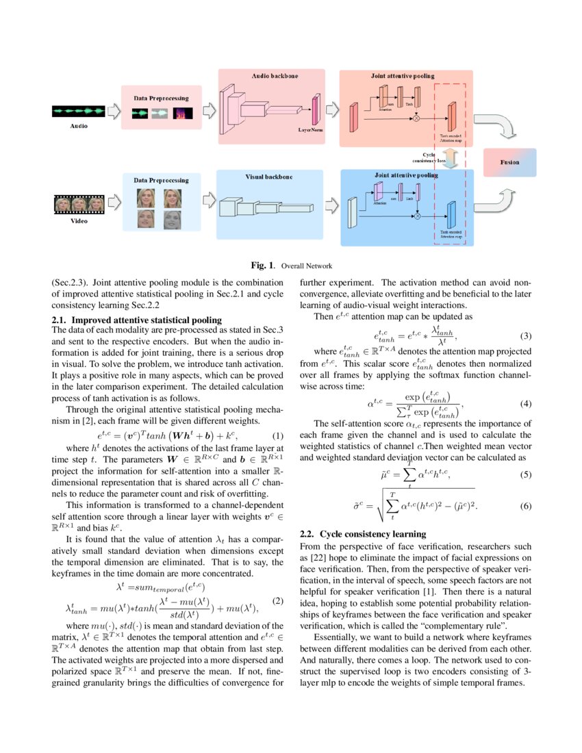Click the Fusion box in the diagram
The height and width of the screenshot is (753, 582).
click(509, 162)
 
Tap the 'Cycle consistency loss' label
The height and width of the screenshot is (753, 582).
click(429, 157)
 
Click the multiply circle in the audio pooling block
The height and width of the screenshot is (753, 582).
click(416, 118)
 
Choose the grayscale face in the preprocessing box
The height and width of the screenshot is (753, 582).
click(172, 218)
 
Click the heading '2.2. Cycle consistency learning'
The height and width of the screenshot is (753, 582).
click(364, 533)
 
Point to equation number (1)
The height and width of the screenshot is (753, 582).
click(278, 436)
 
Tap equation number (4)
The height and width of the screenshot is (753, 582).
click(526, 403)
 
